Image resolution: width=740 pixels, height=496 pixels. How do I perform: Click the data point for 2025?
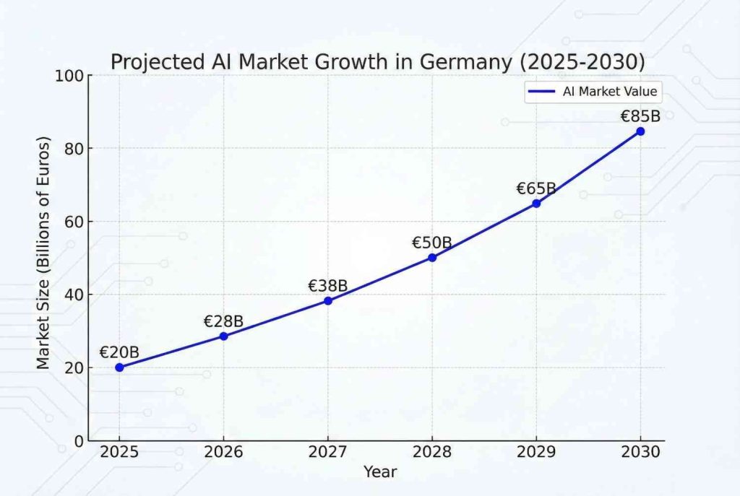119,367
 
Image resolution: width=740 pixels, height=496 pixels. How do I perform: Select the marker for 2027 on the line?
328,300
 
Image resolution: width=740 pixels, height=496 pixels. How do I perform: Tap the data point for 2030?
640,131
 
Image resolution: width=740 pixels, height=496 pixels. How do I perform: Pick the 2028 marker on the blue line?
432,257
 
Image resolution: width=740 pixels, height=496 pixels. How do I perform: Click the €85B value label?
640,116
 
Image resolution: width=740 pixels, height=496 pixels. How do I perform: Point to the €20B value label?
119,352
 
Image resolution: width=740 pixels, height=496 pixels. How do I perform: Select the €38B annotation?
328,286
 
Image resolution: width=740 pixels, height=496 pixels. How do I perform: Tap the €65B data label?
536,188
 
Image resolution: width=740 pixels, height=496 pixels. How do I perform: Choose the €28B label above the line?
223,321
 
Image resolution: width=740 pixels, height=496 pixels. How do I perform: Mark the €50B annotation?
432,243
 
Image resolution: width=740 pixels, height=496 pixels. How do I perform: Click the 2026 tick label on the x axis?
223,453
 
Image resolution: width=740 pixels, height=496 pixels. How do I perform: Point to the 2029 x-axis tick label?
536,453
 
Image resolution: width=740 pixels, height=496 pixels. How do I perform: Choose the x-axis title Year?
379,471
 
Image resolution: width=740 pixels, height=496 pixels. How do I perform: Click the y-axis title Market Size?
44,253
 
